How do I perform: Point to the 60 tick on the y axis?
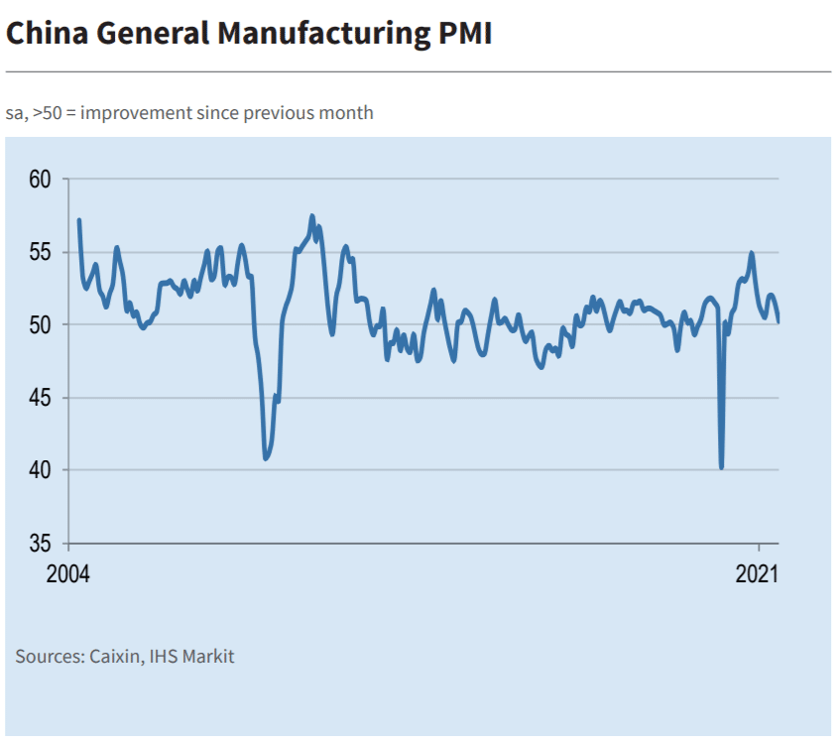coord(41,180)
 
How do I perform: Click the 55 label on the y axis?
coord(41,252)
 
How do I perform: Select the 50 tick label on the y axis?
coord(41,325)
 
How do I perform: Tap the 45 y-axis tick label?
coord(41,398)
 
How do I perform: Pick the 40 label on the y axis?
coord(41,470)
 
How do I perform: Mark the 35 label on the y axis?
coord(41,544)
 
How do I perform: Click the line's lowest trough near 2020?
coord(721,467)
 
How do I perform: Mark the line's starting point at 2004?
coord(78,220)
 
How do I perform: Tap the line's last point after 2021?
coord(778,321)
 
